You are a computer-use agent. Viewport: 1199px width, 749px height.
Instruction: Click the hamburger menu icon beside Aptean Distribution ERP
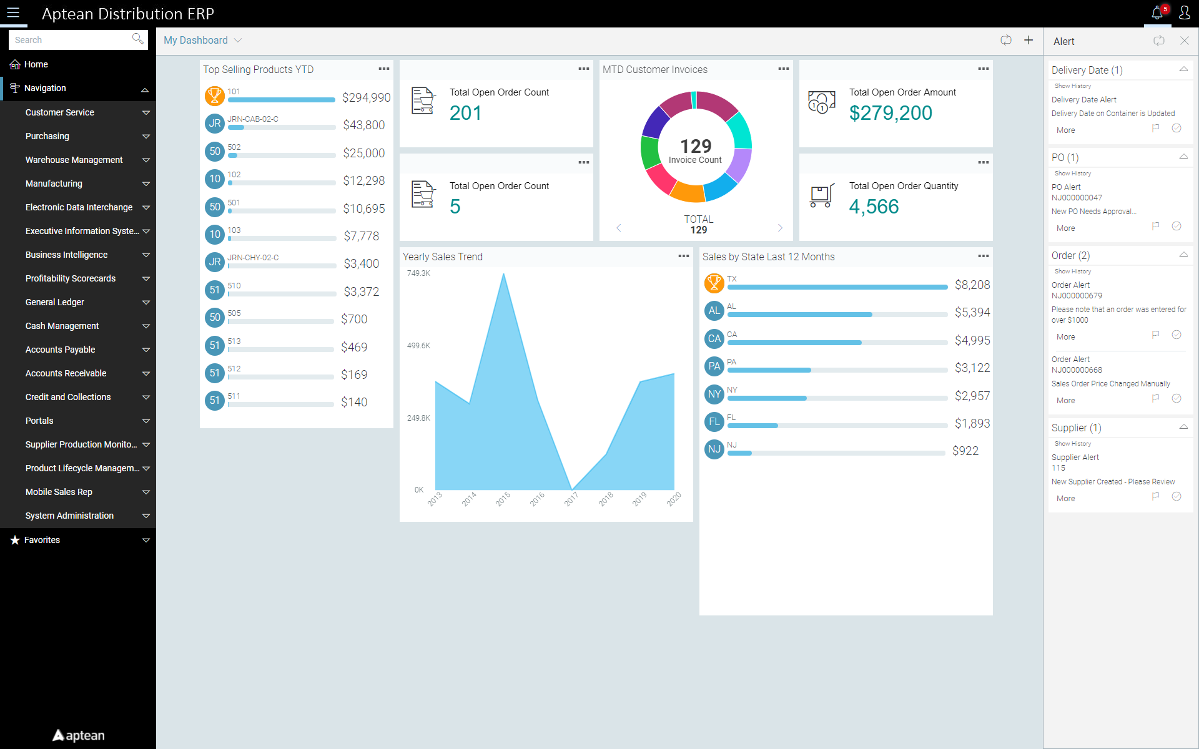pyautogui.click(x=13, y=13)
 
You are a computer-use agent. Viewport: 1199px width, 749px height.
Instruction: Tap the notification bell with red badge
pyautogui.click(x=1157, y=13)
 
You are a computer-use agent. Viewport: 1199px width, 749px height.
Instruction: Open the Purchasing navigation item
pyautogui.click(x=47, y=136)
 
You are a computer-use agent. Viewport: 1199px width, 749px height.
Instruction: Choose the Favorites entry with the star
pyautogui.click(x=42, y=540)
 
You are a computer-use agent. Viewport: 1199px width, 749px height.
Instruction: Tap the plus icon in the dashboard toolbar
pyautogui.click(x=1029, y=41)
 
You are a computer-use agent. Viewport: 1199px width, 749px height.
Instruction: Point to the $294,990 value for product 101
pyautogui.click(x=366, y=98)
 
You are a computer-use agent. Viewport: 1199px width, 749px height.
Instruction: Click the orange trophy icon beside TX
pyautogui.click(x=714, y=283)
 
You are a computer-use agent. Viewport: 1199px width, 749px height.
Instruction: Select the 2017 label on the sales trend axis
pyautogui.click(x=571, y=499)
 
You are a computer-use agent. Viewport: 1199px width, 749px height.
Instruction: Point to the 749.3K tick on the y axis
pyautogui.click(x=418, y=273)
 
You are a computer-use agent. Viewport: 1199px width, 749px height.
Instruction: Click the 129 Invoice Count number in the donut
pyautogui.click(x=696, y=147)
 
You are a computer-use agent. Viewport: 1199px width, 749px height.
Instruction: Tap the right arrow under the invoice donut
pyautogui.click(x=780, y=228)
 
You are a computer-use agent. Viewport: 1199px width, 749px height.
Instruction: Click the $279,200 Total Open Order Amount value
pyautogui.click(x=891, y=113)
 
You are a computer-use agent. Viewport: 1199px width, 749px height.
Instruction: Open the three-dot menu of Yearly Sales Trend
pyautogui.click(x=684, y=256)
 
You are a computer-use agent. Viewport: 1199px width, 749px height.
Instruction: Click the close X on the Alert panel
pyautogui.click(x=1185, y=41)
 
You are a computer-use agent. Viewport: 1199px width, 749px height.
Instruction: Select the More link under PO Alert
pyautogui.click(x=1066, y=228)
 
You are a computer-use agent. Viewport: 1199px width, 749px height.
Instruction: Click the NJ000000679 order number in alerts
pyautogui.click(x=1077, y=296)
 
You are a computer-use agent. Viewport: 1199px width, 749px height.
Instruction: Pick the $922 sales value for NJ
pyautogui.click(x=965, y=451)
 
